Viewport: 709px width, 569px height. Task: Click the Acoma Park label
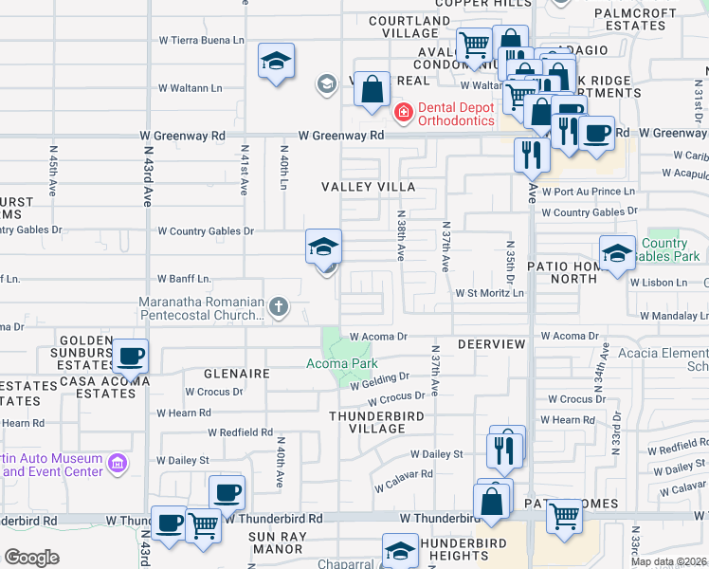pos(341,363)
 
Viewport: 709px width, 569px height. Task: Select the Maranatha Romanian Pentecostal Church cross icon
pos(278,306)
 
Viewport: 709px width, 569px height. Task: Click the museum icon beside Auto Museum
pos(118,464)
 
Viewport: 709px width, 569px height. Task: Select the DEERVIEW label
pos(491,343)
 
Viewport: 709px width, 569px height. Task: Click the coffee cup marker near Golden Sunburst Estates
pos(130,357)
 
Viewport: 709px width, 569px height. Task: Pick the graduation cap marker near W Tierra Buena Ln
pos(276,62)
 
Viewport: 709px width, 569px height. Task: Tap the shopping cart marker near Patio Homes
pos(564,517)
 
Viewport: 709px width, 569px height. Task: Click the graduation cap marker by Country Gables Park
pos(617,253)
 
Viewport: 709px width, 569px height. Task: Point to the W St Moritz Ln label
pos(489,294)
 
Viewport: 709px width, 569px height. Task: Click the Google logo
pos(31,558)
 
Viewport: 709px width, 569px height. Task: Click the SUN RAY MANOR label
pos(276,542)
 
